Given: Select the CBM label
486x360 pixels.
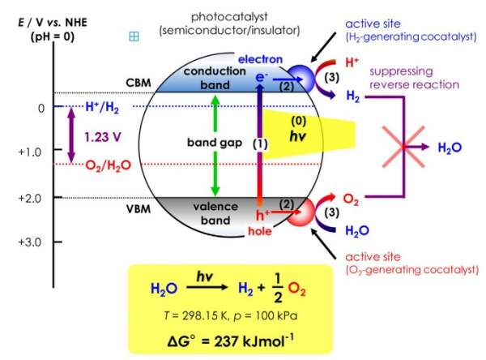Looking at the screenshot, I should [139, 83].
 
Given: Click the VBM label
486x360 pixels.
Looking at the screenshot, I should [139, 208].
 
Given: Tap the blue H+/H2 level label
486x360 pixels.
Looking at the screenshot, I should [106, 106].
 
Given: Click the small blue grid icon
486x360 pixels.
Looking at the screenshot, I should [134, 36].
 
